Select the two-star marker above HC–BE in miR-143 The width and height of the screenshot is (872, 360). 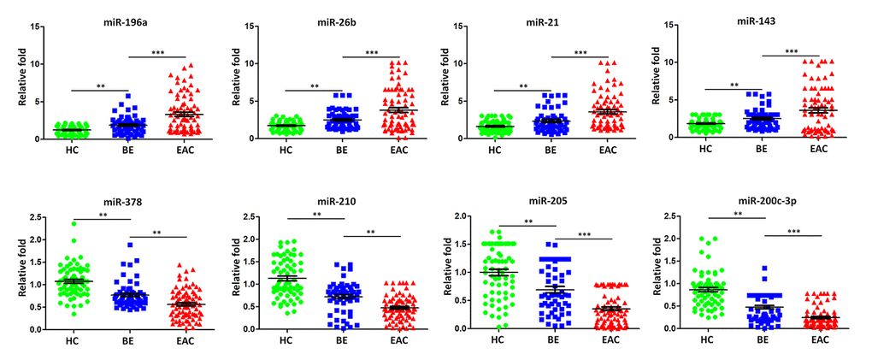[734, 85]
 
